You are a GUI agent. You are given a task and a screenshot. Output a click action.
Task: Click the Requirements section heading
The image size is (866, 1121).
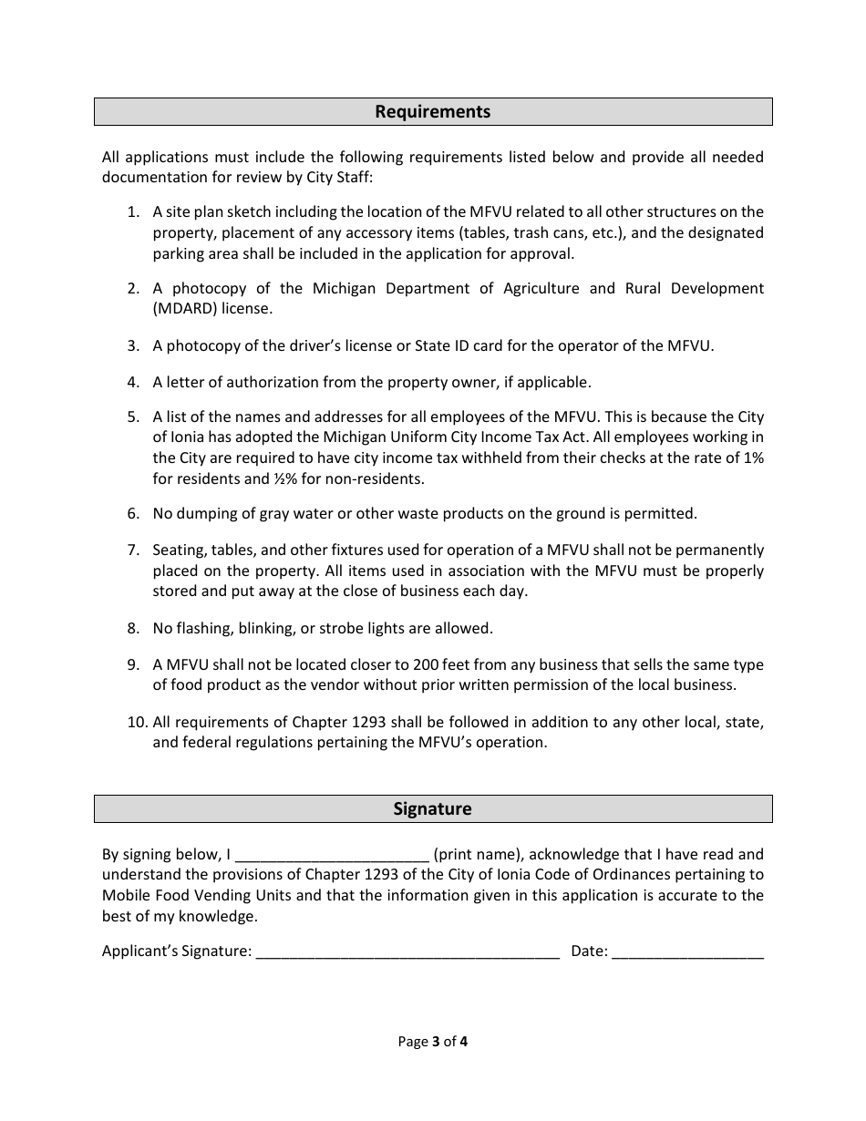click(432, 112)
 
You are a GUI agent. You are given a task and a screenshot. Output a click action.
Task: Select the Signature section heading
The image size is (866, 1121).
click(432, 809)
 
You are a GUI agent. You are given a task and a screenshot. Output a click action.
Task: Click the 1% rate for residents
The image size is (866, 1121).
click(754, 458)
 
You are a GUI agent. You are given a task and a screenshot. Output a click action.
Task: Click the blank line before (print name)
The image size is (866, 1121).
click(332, 856)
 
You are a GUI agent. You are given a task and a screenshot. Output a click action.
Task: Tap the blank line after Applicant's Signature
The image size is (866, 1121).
click(407, 952)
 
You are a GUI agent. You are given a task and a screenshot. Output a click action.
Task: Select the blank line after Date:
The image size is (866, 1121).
click(687, 952)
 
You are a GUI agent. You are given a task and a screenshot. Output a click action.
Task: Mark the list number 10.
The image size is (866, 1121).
click(137, 723)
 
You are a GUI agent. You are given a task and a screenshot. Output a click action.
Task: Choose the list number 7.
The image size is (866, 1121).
click(133, 550)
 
